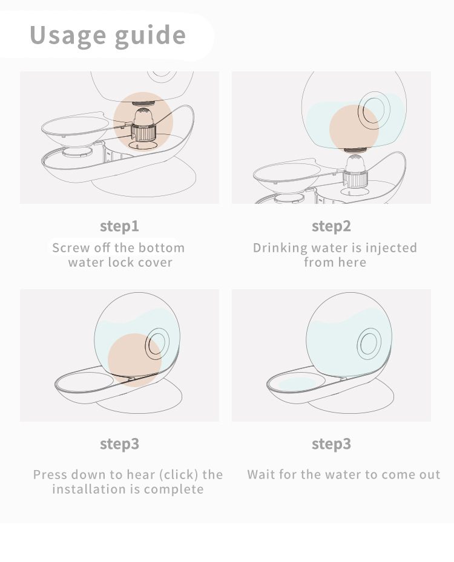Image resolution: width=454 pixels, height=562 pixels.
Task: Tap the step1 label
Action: click(119, 226)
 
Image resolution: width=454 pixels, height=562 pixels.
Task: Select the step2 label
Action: click(331, 226)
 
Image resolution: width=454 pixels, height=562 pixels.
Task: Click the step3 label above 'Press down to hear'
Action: click(119, 444)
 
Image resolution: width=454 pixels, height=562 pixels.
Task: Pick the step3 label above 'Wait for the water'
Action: click(331, 444)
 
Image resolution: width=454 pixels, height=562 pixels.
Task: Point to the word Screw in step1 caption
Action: click(71, 248)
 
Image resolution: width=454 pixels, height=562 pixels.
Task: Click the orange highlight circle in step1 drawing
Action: click(143, 120)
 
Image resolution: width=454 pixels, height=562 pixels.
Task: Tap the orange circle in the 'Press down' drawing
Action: click(135, 359)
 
